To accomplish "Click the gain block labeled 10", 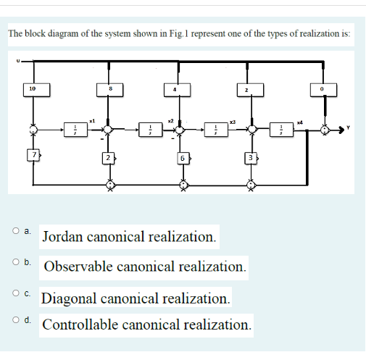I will tap(31, 89).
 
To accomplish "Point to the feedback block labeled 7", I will tap(32, 155).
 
